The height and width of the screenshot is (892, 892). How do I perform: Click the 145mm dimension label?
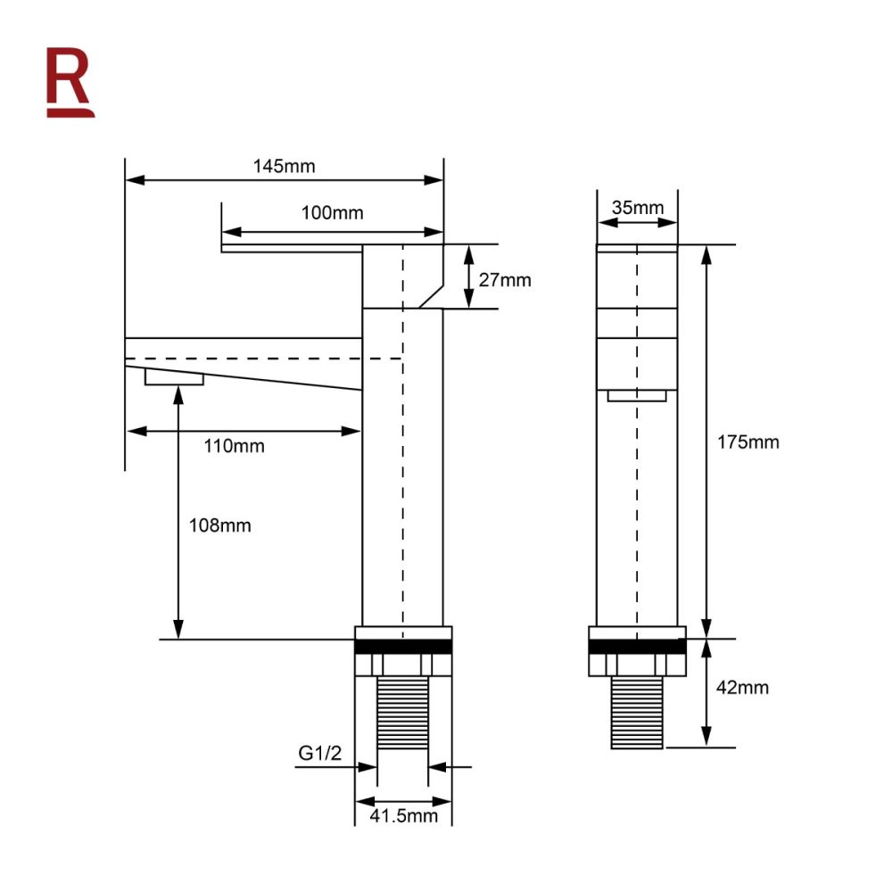tap(284, 166)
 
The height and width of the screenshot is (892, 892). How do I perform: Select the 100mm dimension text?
tap(332, 213)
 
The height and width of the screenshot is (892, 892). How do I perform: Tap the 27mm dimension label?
tap(504, 280)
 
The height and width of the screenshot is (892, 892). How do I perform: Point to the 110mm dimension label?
tap(235, 446)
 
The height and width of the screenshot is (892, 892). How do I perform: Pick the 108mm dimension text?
tap(219, 526)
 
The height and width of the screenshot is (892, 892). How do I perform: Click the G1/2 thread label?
tap(319, 754)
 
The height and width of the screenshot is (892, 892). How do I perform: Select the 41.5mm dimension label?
tap(403, 815)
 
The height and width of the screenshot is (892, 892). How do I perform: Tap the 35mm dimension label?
tap(637, 208)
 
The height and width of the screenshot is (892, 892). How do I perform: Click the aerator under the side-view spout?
tap(174, 379)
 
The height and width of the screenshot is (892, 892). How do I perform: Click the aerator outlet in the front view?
tap(637, 396)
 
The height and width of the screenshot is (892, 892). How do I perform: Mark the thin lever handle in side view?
tap(291, 248)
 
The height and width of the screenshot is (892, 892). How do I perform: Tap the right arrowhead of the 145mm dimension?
tap(435, 180)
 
